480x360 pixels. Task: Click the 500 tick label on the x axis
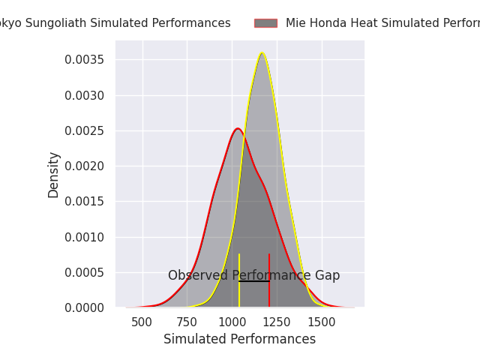coord(142,321)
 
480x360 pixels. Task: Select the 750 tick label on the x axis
coord(187,321)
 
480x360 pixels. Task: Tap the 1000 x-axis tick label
coord(232,321)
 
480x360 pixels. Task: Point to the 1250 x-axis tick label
coord(277,321)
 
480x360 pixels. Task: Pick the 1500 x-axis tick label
coord(322,321)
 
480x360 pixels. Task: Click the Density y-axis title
coord(54,174)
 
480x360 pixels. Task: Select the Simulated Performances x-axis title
coord(240,339)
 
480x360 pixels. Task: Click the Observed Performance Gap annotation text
coord(253,275)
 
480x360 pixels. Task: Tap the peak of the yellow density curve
coord(262,52)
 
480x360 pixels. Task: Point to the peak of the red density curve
coord(238,128)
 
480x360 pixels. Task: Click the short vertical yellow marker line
coord(239,280)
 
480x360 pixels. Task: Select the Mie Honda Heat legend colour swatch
coord(265,23)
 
